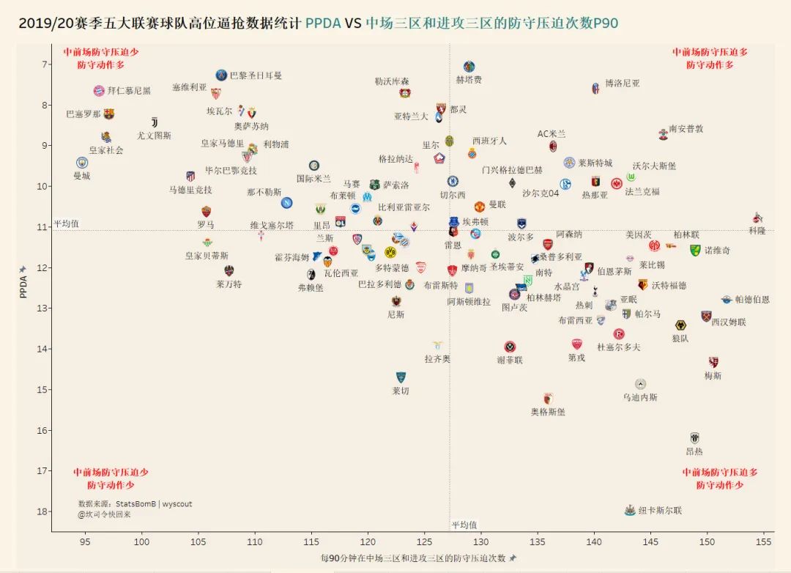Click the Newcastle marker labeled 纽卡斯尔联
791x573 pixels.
point(629,509)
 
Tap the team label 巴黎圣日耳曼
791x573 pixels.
point(256,75)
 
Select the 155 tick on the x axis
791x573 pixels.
point(764,541)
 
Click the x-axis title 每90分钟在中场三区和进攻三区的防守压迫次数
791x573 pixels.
point(413,558)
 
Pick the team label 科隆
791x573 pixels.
point(757,231)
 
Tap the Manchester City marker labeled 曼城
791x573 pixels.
point(82,163)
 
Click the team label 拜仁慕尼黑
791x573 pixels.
point(129,91)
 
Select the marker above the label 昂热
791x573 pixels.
point(694,437)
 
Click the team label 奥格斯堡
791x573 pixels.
point(548,413)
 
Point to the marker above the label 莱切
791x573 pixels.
point(401,377)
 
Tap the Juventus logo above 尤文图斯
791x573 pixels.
point(155,122)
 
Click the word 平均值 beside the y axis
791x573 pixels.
point(66,223)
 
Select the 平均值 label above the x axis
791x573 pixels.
point(464,525)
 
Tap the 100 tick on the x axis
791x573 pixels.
point(141,541)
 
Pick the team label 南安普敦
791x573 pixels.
point(686,129)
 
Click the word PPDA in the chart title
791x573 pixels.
point(323,23)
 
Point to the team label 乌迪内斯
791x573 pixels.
point(640,397)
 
